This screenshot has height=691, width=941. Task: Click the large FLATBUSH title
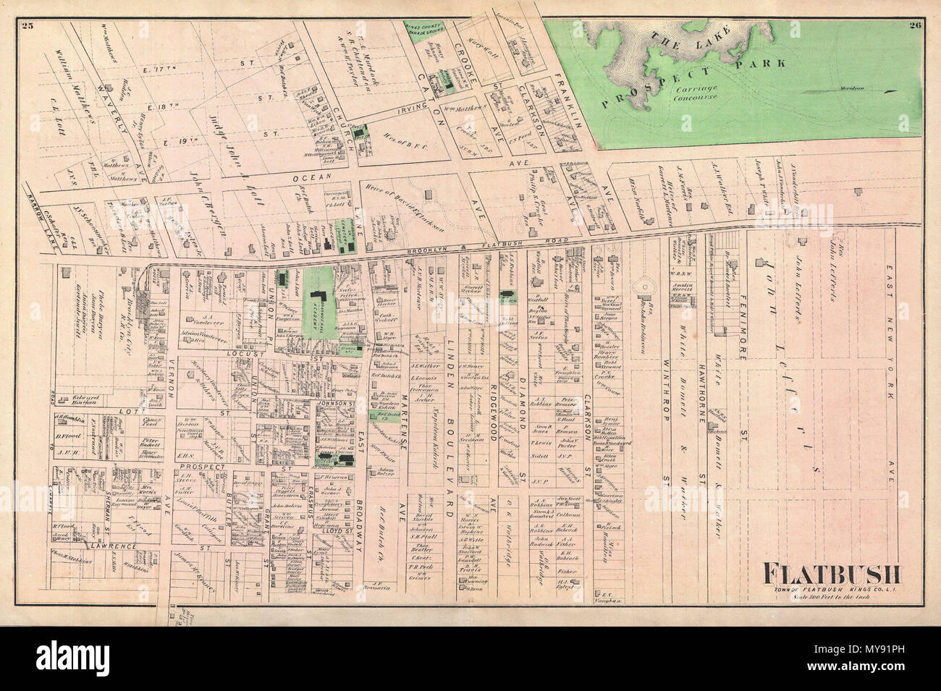(x=832, y=576)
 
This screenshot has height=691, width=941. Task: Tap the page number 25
(x=28, y=27)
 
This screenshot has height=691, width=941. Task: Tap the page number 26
(x=913, y=27)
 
